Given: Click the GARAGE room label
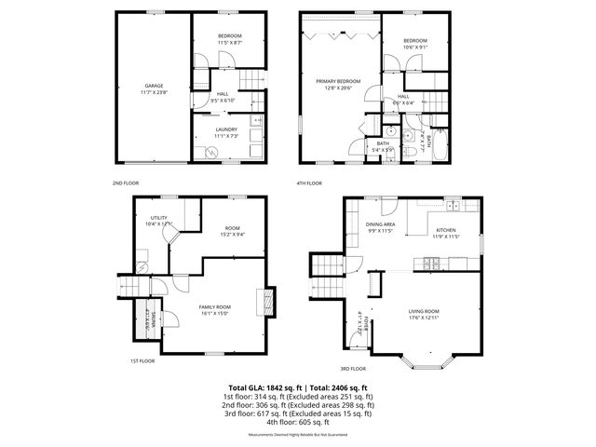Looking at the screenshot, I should point(153,88).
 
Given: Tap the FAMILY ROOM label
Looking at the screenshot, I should point(215,310).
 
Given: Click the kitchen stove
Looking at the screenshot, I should point(431,263).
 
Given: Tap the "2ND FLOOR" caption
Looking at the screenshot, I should point(126,183).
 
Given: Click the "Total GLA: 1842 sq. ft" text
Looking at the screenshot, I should point(263,386).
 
